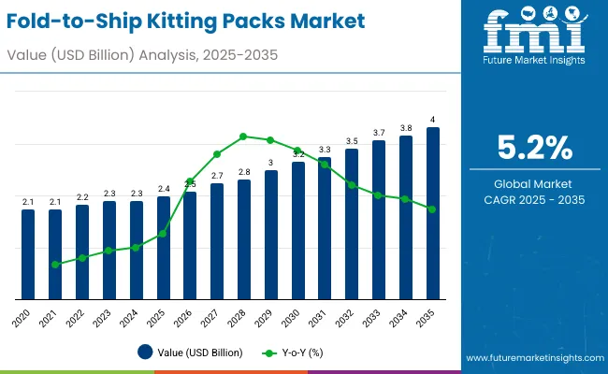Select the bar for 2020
pos(28,253)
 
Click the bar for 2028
pos(244,238)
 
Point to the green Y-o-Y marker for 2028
pos(244,137)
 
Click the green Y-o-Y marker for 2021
pos(55,265)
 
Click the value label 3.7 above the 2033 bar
pos(379,133)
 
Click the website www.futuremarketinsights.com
pos(532,358)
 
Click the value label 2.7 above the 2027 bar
pos(217,176)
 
